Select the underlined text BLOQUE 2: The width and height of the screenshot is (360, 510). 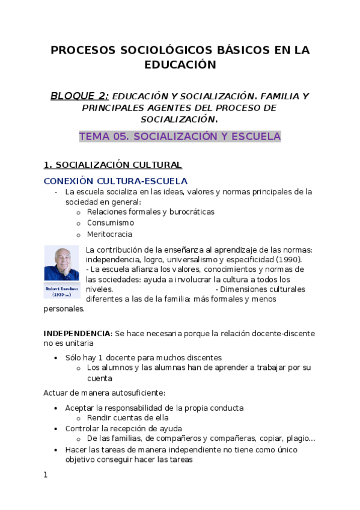pos(79,96)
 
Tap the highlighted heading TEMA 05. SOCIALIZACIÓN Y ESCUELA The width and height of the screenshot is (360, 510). pos(180,137)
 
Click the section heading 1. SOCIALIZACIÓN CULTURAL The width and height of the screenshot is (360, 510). pos(112,165)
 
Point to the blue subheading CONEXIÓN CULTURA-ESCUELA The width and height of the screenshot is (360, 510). pos(115,180)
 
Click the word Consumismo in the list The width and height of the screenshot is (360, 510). pos(111,223)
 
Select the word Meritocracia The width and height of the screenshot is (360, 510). pos(109,235)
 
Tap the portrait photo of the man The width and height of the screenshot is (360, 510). pos(62,263)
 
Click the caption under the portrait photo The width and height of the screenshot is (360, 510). pos(62,291)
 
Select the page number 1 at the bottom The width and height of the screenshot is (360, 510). pos(46,475)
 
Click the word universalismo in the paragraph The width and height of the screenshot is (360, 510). pos(180,260)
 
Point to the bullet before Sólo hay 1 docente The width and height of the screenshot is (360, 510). pos(56,357)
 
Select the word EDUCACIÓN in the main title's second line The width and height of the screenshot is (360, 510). pos(180,65)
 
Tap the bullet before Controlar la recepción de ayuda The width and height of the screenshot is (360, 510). pos(56,429)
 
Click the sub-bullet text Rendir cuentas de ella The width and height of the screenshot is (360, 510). pos(127,418)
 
